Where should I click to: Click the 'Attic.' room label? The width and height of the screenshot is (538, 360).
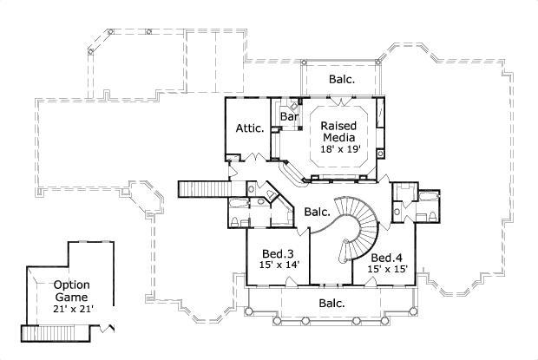click(249, 128)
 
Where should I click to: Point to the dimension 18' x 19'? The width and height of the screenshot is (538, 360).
click(339, 149)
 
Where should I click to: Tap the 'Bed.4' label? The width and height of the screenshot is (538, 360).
click(386, 258)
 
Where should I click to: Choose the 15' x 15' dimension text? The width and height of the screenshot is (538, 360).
click(386, 270)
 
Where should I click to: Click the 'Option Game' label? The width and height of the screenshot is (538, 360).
click(72, 291)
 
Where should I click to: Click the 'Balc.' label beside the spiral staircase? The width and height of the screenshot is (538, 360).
click(318, 211)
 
